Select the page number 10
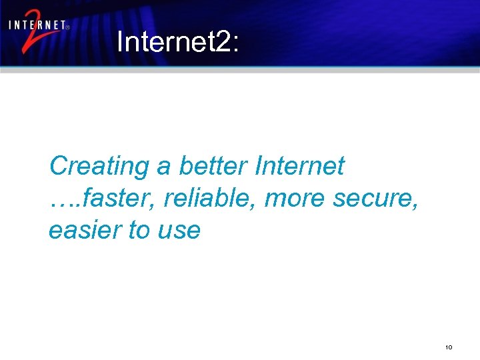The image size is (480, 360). pos(449,347)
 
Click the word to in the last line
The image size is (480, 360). pos(139,230)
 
